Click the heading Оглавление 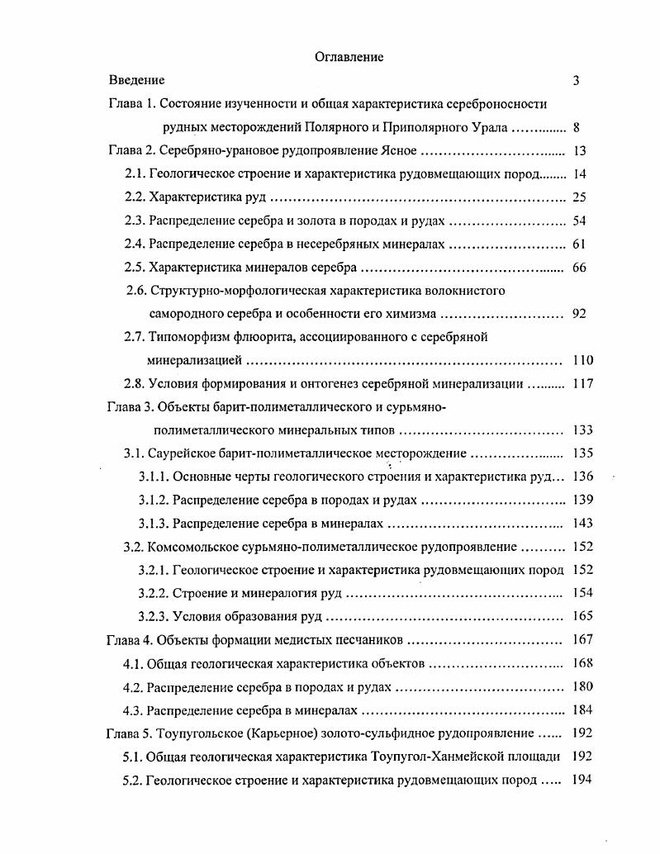[x=349, y=57]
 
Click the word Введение [x=137, y=80]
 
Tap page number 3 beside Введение [x=576, y=80]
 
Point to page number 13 [x=578, y=151]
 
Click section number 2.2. [x=134, y=197]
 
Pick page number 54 [x=578, y=221]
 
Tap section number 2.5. [x=134, y=268]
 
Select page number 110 [x=582, y=360]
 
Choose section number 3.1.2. [x=154, y=500]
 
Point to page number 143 [x=582, y=523]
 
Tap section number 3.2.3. [x=154, y=616]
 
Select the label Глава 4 [x=130, y=639]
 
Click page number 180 [x=582, y=686]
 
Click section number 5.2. [x=132, y=779]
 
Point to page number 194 [x=582, y=779]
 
